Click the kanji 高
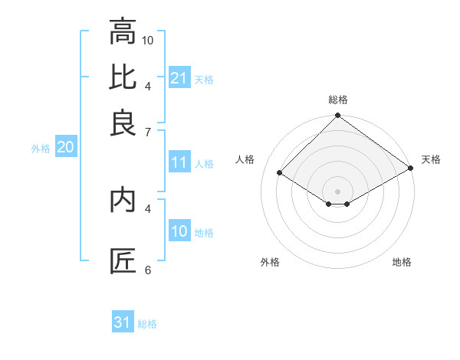(123, 33)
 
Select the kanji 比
(123, 77)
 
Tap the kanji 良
(123, 123)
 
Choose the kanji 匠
(123, 261)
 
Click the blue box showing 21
(179, 78)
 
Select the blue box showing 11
(179, 162)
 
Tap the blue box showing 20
(65, 148)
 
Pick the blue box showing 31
(122, 322)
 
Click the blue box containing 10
(179, 232)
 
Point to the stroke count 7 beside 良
(147, 133)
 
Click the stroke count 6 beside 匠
(147, 270)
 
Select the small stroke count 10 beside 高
(148, 40)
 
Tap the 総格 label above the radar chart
(338, 100)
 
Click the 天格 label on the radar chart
(431, 159)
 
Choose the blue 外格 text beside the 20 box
(41, 149)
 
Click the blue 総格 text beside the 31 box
(147, 324)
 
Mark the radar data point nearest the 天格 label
(411, 169)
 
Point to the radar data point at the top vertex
(337, 116)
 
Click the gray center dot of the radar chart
(337, 191)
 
